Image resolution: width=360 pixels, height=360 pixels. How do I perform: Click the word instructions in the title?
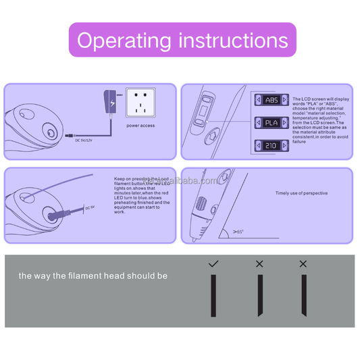(232, 40)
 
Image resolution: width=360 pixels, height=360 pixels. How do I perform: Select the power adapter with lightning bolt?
(107, 102)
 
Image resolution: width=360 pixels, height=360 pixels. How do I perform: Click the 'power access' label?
(140, 126)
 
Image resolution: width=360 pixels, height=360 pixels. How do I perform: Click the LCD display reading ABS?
(271, 100)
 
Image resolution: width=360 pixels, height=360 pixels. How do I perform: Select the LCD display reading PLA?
(271, 123)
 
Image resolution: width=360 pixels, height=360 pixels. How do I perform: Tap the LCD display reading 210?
(271, 146)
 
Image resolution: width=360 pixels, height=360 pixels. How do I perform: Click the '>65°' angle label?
(238, 232)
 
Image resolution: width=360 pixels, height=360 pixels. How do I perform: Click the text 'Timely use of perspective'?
(301, 193)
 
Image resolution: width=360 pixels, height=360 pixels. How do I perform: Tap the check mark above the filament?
(213, 263)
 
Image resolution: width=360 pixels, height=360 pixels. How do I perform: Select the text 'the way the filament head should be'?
(93, 276)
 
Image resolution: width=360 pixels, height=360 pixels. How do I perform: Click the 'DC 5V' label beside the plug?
(90, 207)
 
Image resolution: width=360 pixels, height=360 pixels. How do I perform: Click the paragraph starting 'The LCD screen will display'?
(320, 120)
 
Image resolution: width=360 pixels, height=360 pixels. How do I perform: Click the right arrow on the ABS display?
(285, 100)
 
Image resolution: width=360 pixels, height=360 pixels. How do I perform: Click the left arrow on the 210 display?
(257, 146)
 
